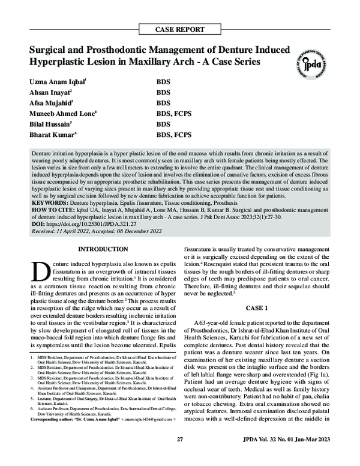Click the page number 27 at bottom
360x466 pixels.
coord(179,458)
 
